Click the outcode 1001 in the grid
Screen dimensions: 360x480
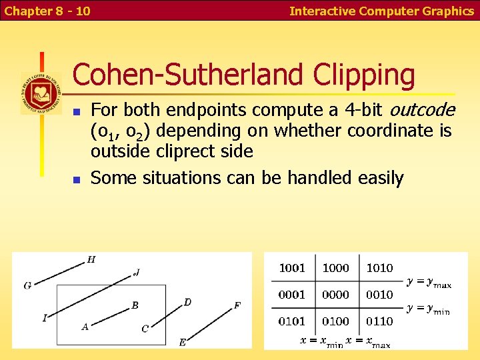click(x=291, y=268)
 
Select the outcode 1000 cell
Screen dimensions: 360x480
click(x=335, y=268)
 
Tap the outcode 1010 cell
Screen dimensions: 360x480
click(x=379, y=268)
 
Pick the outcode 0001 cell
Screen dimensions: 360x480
click(x=291, y=295)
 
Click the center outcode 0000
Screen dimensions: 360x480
click(x=335, y=295)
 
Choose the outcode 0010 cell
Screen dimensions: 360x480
click(x=379, y=295)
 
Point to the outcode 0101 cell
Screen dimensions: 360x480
click(x=291, y=321)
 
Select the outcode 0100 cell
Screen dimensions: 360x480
click(x=335, y=321)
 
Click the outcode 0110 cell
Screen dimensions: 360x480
click(x=379, y=321)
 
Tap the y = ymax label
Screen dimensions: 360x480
click(x=429, y=283)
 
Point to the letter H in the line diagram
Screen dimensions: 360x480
click(x=91, y=259)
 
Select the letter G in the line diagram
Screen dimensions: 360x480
click(x=27, y=285)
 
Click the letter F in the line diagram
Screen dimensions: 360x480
click(x=237, y=305)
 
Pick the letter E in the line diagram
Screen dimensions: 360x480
click(x=183, y=343)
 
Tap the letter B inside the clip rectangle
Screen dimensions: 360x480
click(x=135, y=305)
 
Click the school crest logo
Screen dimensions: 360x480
click(x=41, y=93)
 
